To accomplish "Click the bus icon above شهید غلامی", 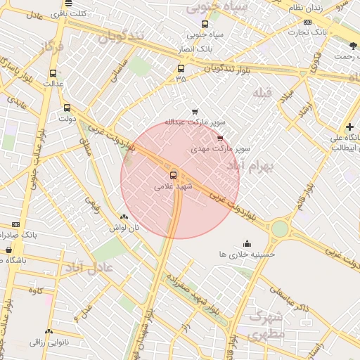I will click(x=173, y=174).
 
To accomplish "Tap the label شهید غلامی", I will click(x=173, y=187).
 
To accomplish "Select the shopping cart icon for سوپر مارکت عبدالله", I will click(x=195, y=111).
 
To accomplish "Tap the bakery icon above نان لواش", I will click(x=124, y=217).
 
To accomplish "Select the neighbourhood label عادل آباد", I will click(x=89, y=266).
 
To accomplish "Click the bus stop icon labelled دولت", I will click(x=67, y=108).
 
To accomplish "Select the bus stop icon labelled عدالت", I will click(x=53, y=72).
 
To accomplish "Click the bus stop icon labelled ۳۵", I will click(x=181, y=69).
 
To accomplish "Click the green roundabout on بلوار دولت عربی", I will click(x=280, y=229).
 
